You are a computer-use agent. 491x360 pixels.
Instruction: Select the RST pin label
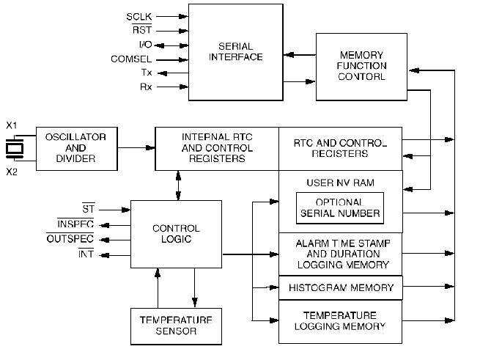[142, 30]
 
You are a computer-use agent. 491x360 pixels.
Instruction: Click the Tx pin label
[147, 73]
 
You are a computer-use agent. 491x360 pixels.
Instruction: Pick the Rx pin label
[147, 87]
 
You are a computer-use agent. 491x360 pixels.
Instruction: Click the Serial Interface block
[235, 51]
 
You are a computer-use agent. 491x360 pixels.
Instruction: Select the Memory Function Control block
[361, 66]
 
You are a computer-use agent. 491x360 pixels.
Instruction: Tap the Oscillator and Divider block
[75, 148]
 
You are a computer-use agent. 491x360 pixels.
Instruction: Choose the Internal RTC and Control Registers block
[217, 148]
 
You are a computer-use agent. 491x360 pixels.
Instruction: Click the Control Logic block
[175, 234]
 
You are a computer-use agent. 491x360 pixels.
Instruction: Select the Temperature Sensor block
[175, 326]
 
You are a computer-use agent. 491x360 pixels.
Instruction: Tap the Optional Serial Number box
[340, 208]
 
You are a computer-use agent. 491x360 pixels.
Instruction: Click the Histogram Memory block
[341, 288]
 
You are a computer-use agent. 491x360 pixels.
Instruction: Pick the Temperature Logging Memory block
[341, 321]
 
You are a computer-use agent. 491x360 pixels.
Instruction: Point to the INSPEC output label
[75, 224]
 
